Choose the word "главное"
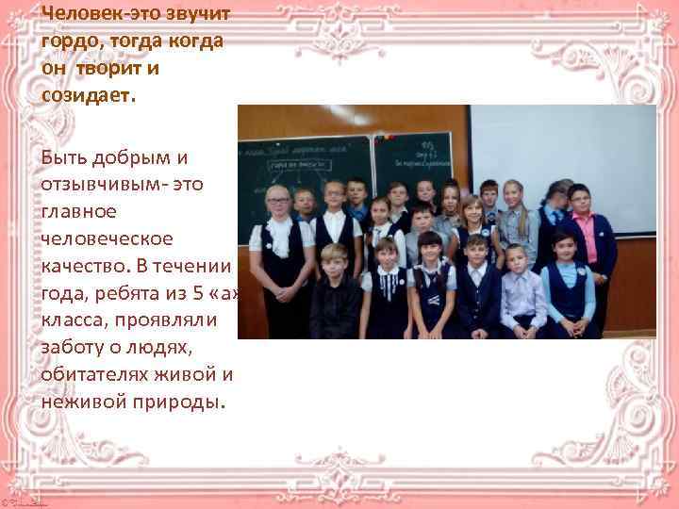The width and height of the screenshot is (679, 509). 78,205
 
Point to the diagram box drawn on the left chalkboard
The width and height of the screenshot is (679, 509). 296,164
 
